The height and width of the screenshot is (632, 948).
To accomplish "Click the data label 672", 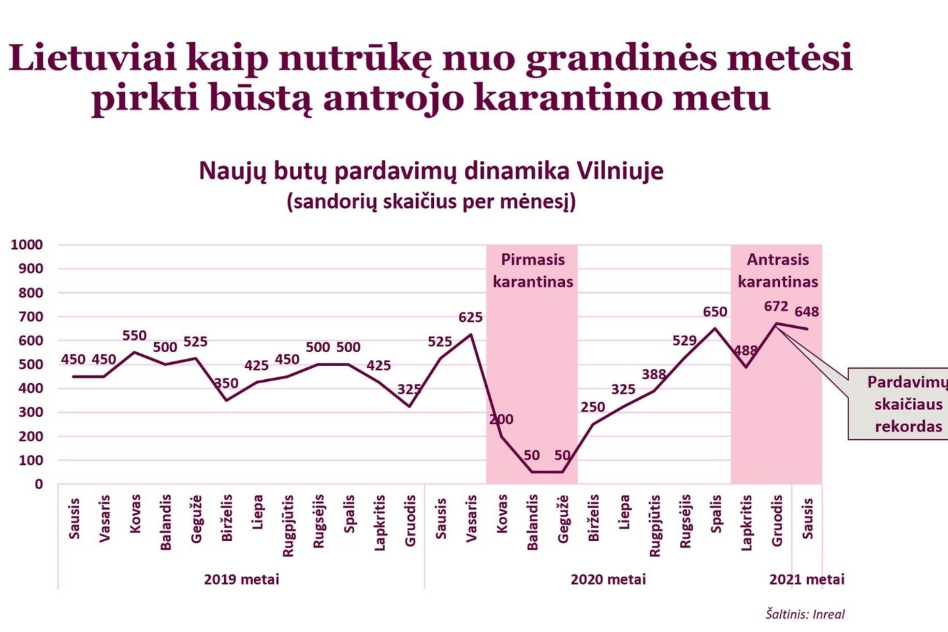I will (x=776, y=307).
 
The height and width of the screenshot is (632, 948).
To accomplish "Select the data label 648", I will (x=806, y=312).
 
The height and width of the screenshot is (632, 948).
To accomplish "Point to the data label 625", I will (x=470, y=318).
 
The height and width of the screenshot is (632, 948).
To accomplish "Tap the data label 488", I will (x=745, y=350).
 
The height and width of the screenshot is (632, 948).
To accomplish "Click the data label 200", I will (x=501, y=419).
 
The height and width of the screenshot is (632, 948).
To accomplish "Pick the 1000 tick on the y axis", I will (x=27, y=245).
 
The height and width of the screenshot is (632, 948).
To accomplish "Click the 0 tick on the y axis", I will (x=38, y=485).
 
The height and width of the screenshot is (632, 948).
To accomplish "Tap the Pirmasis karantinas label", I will (x=533, y=271).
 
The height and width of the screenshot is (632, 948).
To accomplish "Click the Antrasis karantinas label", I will (x=777, y=271).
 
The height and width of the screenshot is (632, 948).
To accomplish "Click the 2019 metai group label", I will (x=241, y=580).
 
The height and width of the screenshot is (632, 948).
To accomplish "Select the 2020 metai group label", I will (x=608, y=580).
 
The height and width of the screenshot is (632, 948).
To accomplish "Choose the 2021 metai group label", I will (x=806, y=580).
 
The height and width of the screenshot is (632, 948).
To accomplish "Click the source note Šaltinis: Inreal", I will (x=804, y=614).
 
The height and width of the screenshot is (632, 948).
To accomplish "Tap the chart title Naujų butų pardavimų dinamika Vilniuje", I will (x=431, y=171).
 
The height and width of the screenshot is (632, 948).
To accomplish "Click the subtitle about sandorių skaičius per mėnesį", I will (x=431, y=201).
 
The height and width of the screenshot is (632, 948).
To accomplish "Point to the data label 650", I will (x=715, y=312).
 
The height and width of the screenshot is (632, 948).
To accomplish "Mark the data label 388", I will (x=654, y=375).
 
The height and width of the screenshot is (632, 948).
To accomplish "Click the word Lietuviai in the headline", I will (x=93, y=58).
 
